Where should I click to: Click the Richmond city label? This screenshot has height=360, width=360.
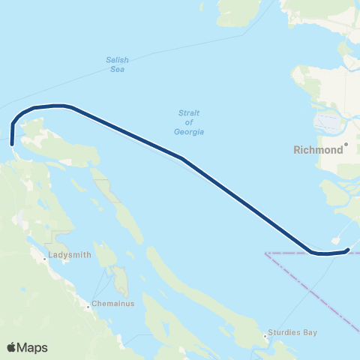click(x=317, y=149)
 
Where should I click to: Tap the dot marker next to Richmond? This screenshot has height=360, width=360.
click(x=347, y=142)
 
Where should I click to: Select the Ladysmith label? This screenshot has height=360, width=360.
click(x=70, y=254)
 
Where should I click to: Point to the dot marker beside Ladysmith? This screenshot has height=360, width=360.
click(x=45, y=260)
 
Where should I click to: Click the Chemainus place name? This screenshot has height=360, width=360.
click(x=112, y=305)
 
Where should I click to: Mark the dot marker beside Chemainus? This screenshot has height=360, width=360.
click(x=87, y=305)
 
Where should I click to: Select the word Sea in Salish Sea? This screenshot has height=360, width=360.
click(x=115, y=70)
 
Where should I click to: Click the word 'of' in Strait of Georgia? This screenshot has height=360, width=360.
click(x=189, y=122)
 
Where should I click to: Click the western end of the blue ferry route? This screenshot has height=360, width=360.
click(x=12, y=142)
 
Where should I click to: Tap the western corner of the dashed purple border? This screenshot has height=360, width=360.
click(x=266, y=253)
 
